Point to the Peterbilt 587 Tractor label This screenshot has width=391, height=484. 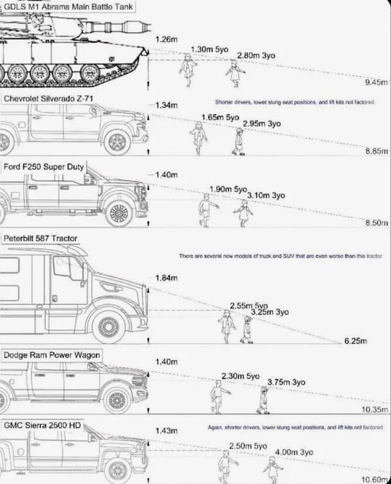pyautogui.click(x=41, y=238)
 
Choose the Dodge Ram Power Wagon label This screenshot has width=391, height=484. pyautogui.click(x=52, y=355)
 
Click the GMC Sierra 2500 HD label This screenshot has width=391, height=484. pyautogui.click(x=42, y=424)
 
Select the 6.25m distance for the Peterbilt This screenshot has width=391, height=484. pyautogui.click(x=354, y=341)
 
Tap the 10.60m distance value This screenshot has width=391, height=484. pyautogui.click(x=375, y=479)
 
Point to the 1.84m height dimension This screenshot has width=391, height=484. pyautogui.click(x=166, y=278)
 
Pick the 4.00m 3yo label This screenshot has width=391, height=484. pyautogui.click(x=294, y=452)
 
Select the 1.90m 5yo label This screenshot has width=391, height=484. pyautogui.click(x=226, y=189)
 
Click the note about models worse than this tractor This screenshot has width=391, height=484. pyautogui.click(x=280, y=257)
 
